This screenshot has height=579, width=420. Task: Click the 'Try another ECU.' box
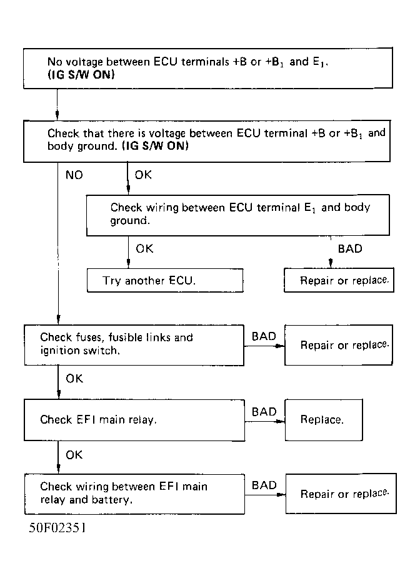pos(165,280)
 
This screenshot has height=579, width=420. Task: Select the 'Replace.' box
pos(324,420)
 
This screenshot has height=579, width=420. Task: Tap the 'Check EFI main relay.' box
pos(134,421)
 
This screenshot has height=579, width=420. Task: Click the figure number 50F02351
pos(57,528)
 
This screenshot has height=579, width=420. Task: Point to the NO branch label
pos(74,175)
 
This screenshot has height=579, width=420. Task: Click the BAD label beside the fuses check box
pos(264,336)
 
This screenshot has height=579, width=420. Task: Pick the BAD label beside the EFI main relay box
pos(264,412)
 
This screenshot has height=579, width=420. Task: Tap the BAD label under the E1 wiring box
pos(350,248)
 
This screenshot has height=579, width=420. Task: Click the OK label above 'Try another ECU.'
pos(144,248)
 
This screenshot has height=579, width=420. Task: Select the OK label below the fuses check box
pos(74,379)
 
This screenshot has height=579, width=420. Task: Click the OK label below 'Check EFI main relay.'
pos(74,455)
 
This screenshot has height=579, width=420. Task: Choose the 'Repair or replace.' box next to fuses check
pos(339,345)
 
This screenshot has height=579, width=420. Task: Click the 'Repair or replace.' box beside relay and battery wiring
pos(341,494)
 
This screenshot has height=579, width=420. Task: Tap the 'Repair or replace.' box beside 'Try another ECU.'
pos(339,280)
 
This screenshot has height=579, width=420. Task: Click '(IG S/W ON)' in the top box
pos(81,75)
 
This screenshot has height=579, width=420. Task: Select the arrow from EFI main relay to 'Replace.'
pos(265,421)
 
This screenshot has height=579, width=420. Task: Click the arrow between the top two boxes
pos(57,104)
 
